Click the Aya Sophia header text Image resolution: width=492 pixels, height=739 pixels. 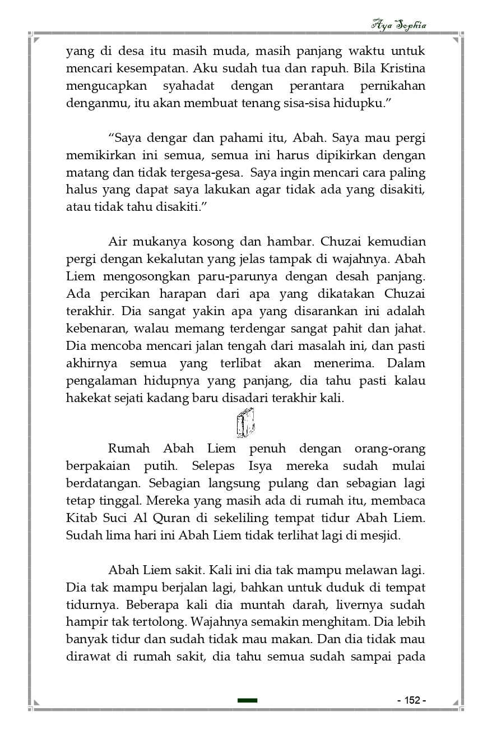(x=399, y=25)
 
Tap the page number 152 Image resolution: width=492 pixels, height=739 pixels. (x=412, y=700)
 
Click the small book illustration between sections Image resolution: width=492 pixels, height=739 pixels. (x=245, y=423)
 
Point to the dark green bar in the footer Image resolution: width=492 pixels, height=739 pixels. (x=247, y=700)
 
